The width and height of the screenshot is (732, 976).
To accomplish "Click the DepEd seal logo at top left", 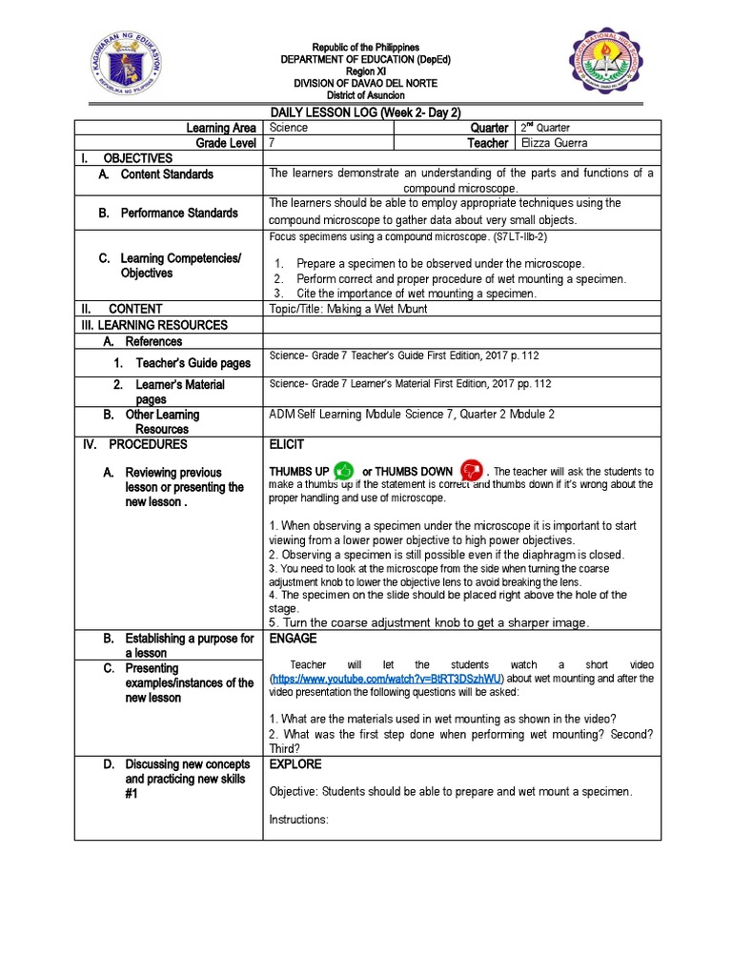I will pos(133,66).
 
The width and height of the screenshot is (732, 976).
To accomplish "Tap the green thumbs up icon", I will pos(344,471).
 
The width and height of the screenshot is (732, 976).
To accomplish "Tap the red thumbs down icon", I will pos(471,471).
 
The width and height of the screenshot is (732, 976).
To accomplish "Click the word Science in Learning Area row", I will pos(289,128).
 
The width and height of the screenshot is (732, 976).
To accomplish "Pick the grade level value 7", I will pos(273,143).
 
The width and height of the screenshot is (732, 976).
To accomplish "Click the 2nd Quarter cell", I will pos(545,128).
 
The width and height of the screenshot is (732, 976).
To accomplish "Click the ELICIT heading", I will pos(287,444).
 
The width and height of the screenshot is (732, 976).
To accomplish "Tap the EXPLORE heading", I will pos(295,764).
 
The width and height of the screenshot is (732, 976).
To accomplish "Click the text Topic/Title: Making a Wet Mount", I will pos(349,309).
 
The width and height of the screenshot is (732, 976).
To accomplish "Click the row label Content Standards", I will pos(166,174).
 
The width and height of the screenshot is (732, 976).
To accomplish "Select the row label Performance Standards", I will pos(178,213).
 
